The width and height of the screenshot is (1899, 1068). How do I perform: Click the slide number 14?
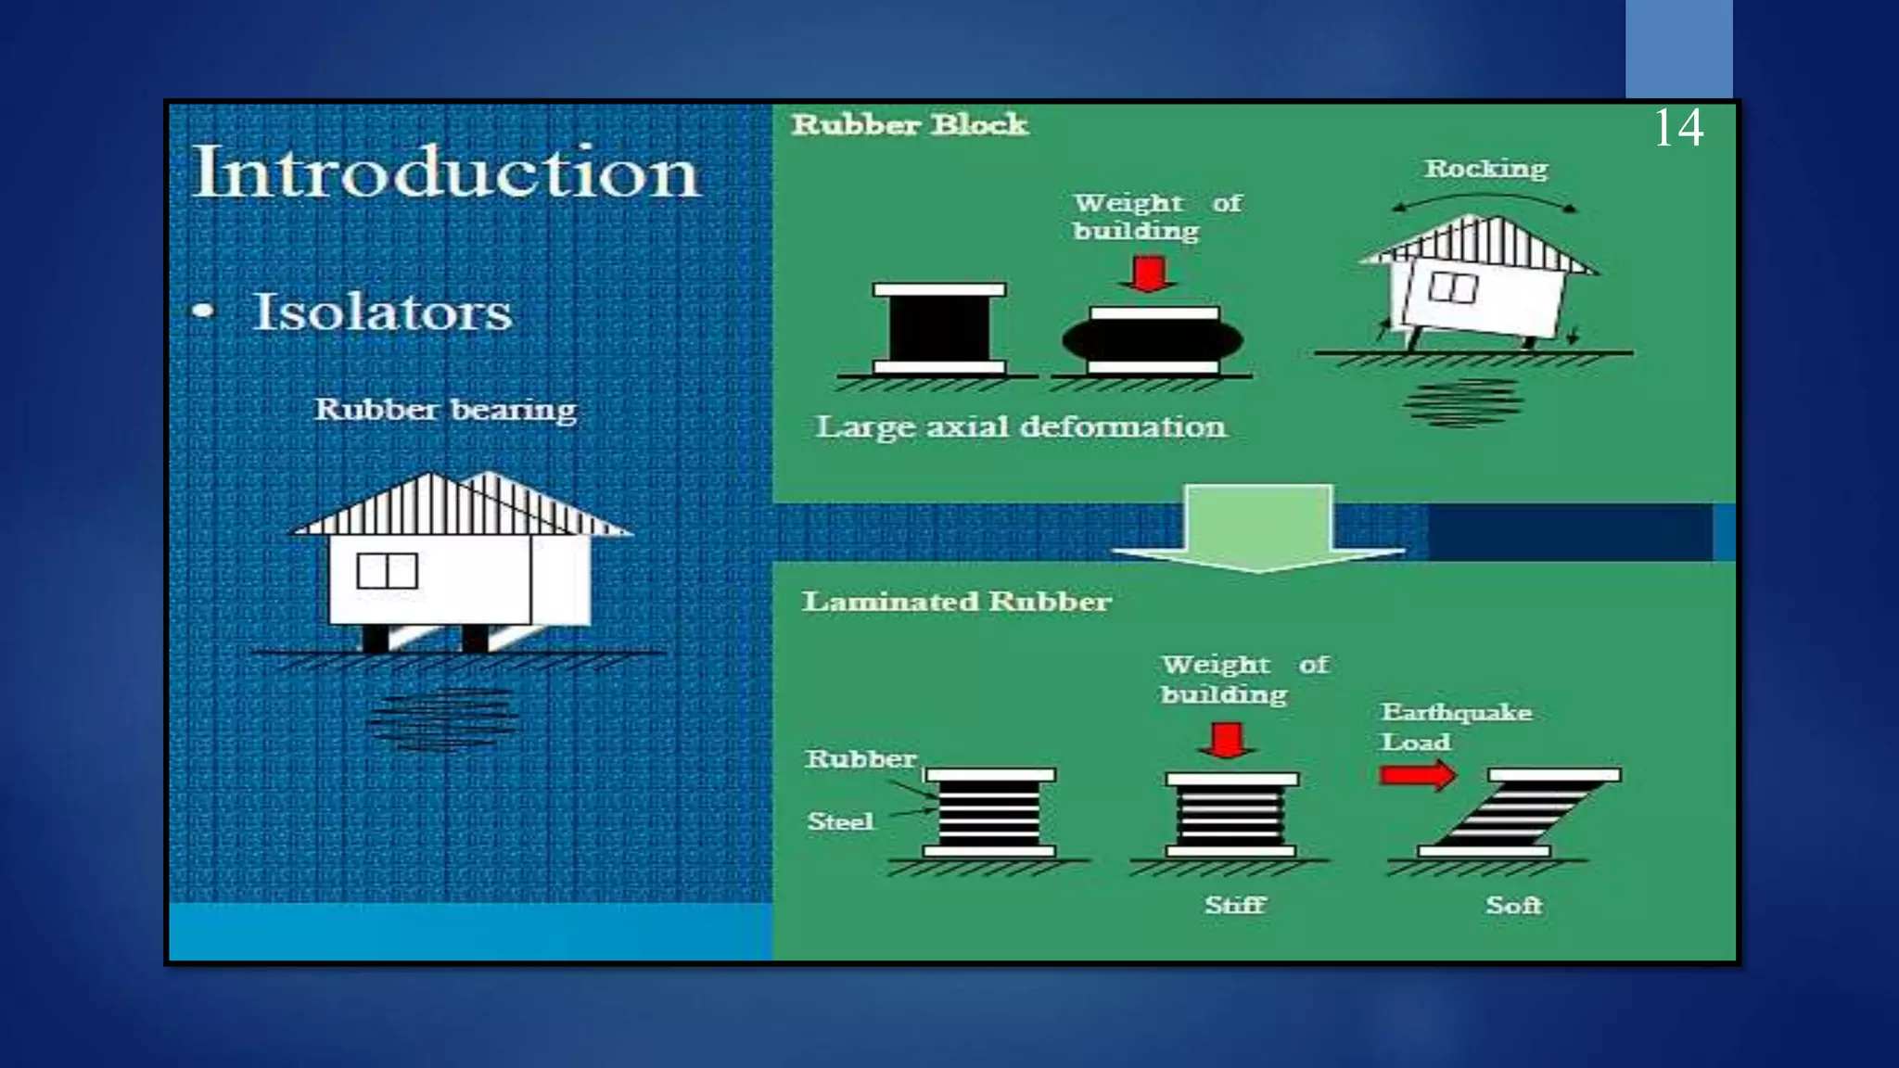point(1678,128)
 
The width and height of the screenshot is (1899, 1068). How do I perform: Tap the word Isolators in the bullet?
point(382,311)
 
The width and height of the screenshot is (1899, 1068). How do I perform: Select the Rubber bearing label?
point(445,409)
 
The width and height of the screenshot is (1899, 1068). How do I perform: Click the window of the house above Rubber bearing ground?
point(388,571)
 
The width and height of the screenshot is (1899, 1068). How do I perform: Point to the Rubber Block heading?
point(910,124)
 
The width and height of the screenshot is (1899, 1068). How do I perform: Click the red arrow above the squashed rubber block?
point(1150,274)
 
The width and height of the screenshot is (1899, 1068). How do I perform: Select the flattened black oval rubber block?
point(1153,341)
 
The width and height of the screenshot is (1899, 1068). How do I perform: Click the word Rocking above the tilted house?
point(1485,169)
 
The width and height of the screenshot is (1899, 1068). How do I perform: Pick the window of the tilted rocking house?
point(1453,287)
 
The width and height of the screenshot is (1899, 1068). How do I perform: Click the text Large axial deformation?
point(1020,426)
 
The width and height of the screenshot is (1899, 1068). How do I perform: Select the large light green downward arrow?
point(1258,528)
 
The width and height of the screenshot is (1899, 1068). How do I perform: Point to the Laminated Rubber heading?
point(956,602)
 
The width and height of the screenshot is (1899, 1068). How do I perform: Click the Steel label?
point(840,821)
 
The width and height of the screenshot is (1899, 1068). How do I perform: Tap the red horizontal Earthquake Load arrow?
point(1417,775)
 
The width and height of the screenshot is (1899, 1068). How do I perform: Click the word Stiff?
point(1235,905)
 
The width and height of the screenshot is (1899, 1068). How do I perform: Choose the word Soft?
point(1513,905)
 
